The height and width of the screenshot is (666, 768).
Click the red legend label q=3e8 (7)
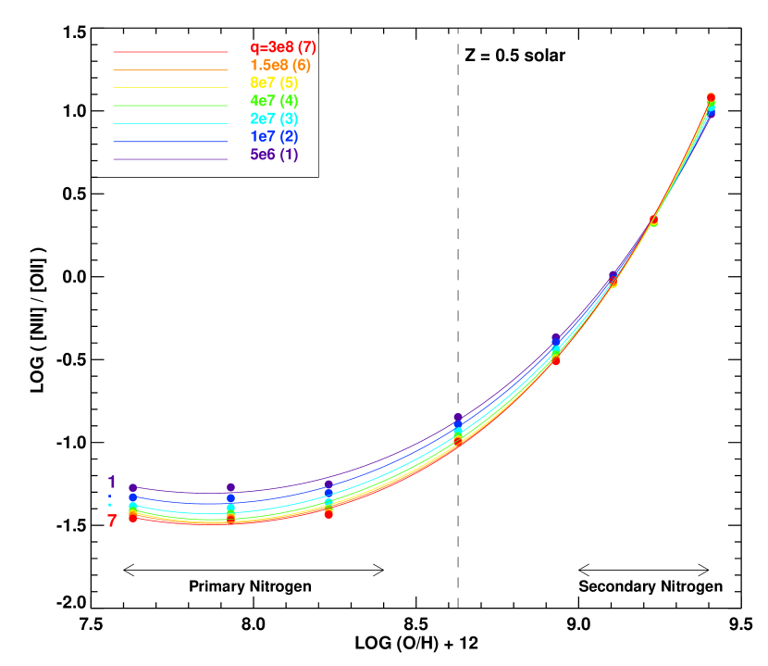pos(283,47)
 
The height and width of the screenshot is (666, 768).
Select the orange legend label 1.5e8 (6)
pos(279,65)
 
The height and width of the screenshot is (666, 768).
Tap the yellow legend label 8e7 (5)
pos(274,82)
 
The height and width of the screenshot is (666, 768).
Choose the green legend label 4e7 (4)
pos(274,100)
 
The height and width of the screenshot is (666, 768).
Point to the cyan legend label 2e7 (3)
pos(274,119)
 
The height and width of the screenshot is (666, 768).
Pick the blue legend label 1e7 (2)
pos(274,136)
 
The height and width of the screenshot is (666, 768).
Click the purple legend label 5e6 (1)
pos(274,154)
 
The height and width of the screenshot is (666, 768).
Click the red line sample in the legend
pos(169,52)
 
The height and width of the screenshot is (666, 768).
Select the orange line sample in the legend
pos(169,69)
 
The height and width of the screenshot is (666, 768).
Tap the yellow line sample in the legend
pos(169,88)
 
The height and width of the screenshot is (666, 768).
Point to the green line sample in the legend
pos(169,106)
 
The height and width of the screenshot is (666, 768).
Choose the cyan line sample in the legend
pos(169,123)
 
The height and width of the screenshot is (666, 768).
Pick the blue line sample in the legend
pos(169,142)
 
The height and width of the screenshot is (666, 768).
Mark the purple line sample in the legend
pos(169,159)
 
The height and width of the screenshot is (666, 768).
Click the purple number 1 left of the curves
pos(112,483)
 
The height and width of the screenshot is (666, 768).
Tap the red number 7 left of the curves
pos(112,521)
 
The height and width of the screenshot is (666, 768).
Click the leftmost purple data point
pos(132,487)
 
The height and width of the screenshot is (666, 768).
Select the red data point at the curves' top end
pos(711,97)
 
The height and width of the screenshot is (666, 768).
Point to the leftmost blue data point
pos(132,498)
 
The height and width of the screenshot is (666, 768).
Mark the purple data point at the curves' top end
pos(711,114)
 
